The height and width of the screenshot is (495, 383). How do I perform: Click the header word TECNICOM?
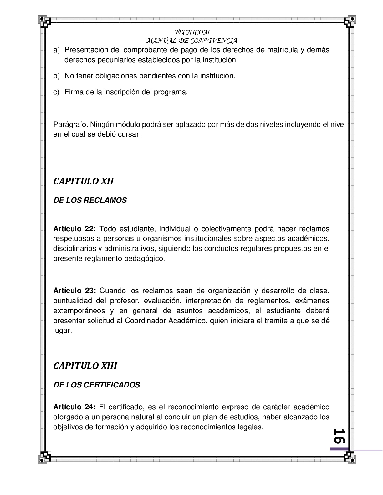[x=191, y=32]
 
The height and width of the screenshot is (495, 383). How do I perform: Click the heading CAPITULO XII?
[x=84, y=181]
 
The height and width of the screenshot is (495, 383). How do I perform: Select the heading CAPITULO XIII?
[x=85, y=366]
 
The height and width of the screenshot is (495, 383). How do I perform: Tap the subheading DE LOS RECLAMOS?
[x=90, y=200]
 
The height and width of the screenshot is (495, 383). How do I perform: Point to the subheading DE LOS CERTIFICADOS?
[x=97, y=385]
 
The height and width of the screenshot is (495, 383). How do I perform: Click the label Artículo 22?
[x=74, y=229]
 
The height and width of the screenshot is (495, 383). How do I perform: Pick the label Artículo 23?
[x=74, y=291]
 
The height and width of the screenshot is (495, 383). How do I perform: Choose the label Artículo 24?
[x=74, y=407]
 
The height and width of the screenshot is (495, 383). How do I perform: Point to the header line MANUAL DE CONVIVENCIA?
[x=191, y=41]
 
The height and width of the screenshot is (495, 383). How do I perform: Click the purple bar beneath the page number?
[x=340, y=449]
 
